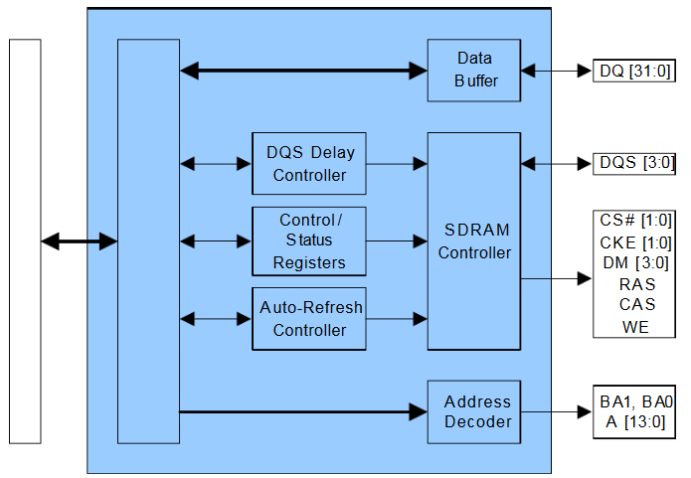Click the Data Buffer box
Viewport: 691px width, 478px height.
tap(474, 70)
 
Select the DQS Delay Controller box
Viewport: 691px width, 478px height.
tap(308, 163)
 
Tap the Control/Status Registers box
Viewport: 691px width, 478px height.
tap(308, 240)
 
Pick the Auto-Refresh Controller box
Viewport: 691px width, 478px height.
tap(308, 318)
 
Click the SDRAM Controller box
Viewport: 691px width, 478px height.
tap(474, 240)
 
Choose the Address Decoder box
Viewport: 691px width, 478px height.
tap(474, 411)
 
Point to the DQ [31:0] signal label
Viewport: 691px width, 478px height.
tap(636, 71)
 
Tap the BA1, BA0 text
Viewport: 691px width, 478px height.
tap(636, 402)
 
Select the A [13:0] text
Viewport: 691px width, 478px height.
tap(636, 422)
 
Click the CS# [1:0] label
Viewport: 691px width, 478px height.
tap(636, 220)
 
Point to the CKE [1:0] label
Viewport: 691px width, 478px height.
tap(636, 241)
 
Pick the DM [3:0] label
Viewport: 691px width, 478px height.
tap(636, 262)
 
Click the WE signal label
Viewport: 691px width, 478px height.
tap(636, 327)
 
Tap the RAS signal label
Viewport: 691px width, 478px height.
tap(636, 284)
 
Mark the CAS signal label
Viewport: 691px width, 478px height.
tap(636, 304)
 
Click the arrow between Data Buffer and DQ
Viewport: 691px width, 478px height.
tap(557, 71)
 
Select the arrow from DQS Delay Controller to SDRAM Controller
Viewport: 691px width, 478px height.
tap(397, 162)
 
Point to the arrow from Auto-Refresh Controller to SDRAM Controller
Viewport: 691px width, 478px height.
tap(397, 319)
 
